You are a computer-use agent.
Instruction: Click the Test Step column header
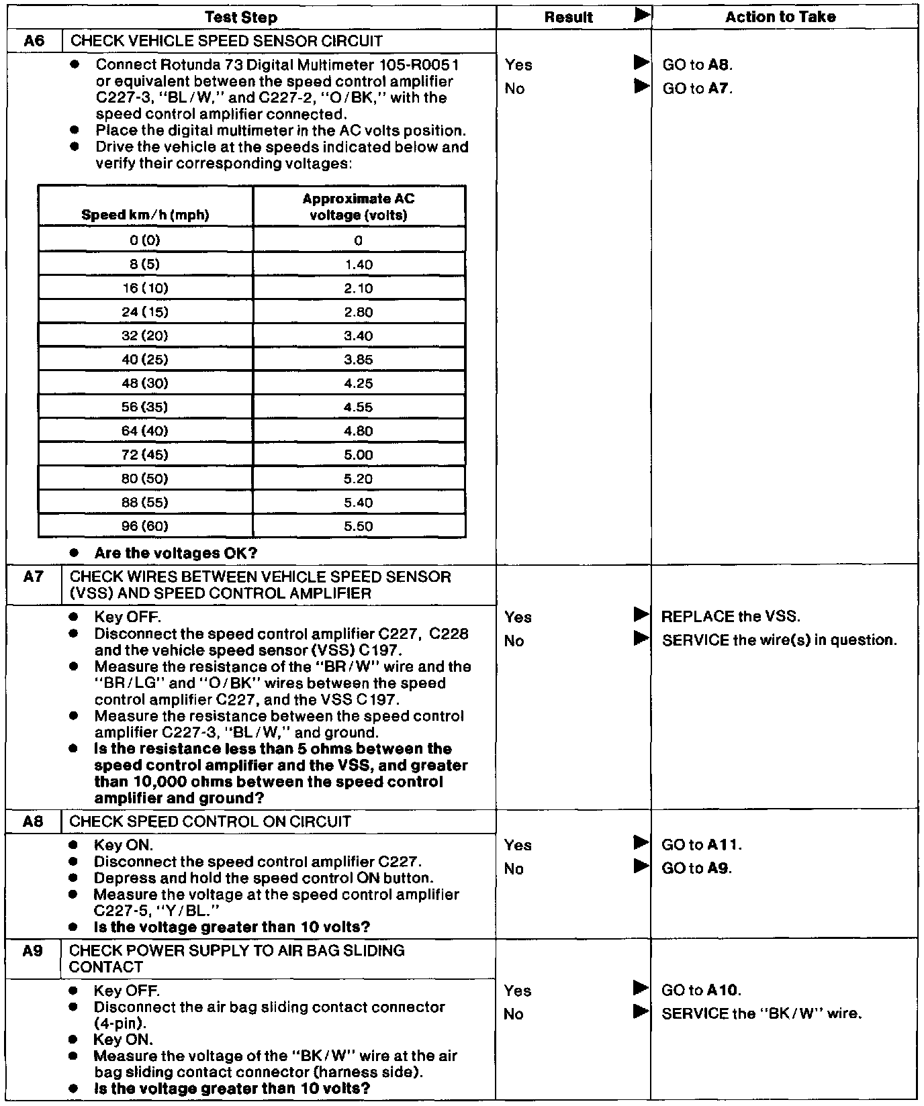240,17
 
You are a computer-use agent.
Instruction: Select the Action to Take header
780,17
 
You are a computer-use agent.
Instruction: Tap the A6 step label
34,41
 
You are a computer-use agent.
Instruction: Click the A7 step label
33,576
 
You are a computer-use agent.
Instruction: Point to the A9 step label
33,950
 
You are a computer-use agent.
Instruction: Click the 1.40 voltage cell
359,264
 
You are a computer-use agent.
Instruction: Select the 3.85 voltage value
359,360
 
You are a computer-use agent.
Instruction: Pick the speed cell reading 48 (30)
145,383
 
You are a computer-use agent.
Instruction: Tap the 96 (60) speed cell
145,526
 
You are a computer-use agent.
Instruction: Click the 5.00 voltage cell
359,455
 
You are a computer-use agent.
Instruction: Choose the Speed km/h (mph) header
145,215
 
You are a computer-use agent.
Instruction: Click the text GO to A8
698,65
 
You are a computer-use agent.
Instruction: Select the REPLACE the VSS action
731,617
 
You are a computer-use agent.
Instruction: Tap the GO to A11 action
702,845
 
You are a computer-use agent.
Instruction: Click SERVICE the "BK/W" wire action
761,1013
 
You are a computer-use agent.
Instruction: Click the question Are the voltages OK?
176,553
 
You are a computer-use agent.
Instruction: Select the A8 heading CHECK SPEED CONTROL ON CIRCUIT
210,821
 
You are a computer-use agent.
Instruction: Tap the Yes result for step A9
518,991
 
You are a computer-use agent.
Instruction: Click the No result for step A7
514,641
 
